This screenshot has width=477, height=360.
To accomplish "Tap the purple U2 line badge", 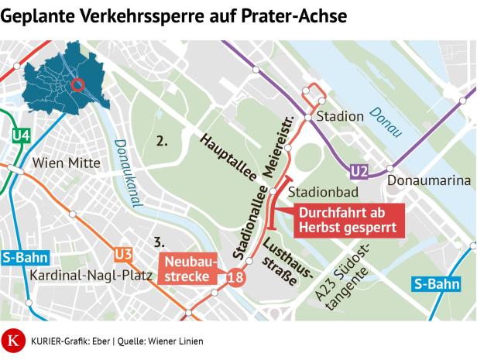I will point(359,171).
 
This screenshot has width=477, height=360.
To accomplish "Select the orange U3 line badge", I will point(122,254).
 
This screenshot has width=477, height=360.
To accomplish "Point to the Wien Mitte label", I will point(66,163).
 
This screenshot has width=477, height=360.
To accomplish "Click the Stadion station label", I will point(340,116).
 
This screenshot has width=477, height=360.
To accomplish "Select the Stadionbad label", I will point(317,191).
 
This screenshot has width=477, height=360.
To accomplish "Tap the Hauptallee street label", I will point(228,159).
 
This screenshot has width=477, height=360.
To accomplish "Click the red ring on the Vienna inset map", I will point(77,84).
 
